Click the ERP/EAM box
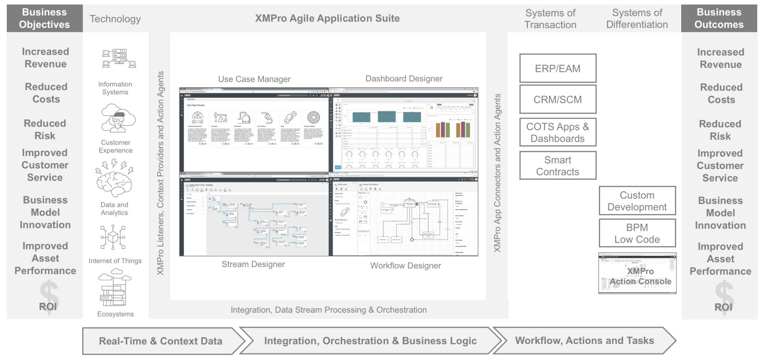pos(557,68)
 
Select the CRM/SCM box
pos(557,99)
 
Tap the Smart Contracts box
pos(557,165)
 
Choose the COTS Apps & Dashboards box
pos(557,132)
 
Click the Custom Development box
pos(637,201)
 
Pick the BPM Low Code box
pos(637,233)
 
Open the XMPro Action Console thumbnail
pos(637,274)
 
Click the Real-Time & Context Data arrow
pos(161,341)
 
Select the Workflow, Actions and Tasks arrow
pos(584,341)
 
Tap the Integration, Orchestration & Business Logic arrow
pos(370,341)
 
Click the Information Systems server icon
pos(119,58)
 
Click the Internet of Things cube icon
pos(113,237)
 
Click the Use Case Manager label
pos(254,79)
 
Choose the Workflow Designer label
pos(405,266)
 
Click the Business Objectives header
pos(45,18)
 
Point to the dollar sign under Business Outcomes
pos(724,297)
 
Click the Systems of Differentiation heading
pos(637,19)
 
